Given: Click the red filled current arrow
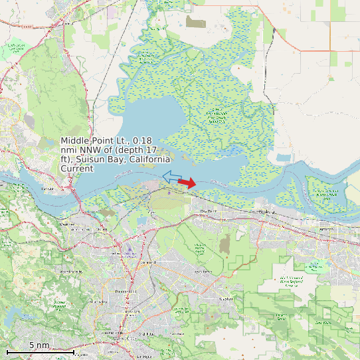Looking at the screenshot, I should point(187,183).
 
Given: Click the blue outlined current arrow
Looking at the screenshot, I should point(171,177).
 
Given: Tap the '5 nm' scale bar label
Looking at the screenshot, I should point(39,345).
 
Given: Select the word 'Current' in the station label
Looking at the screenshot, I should point(77,169).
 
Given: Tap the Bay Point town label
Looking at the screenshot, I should point(209,211).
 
